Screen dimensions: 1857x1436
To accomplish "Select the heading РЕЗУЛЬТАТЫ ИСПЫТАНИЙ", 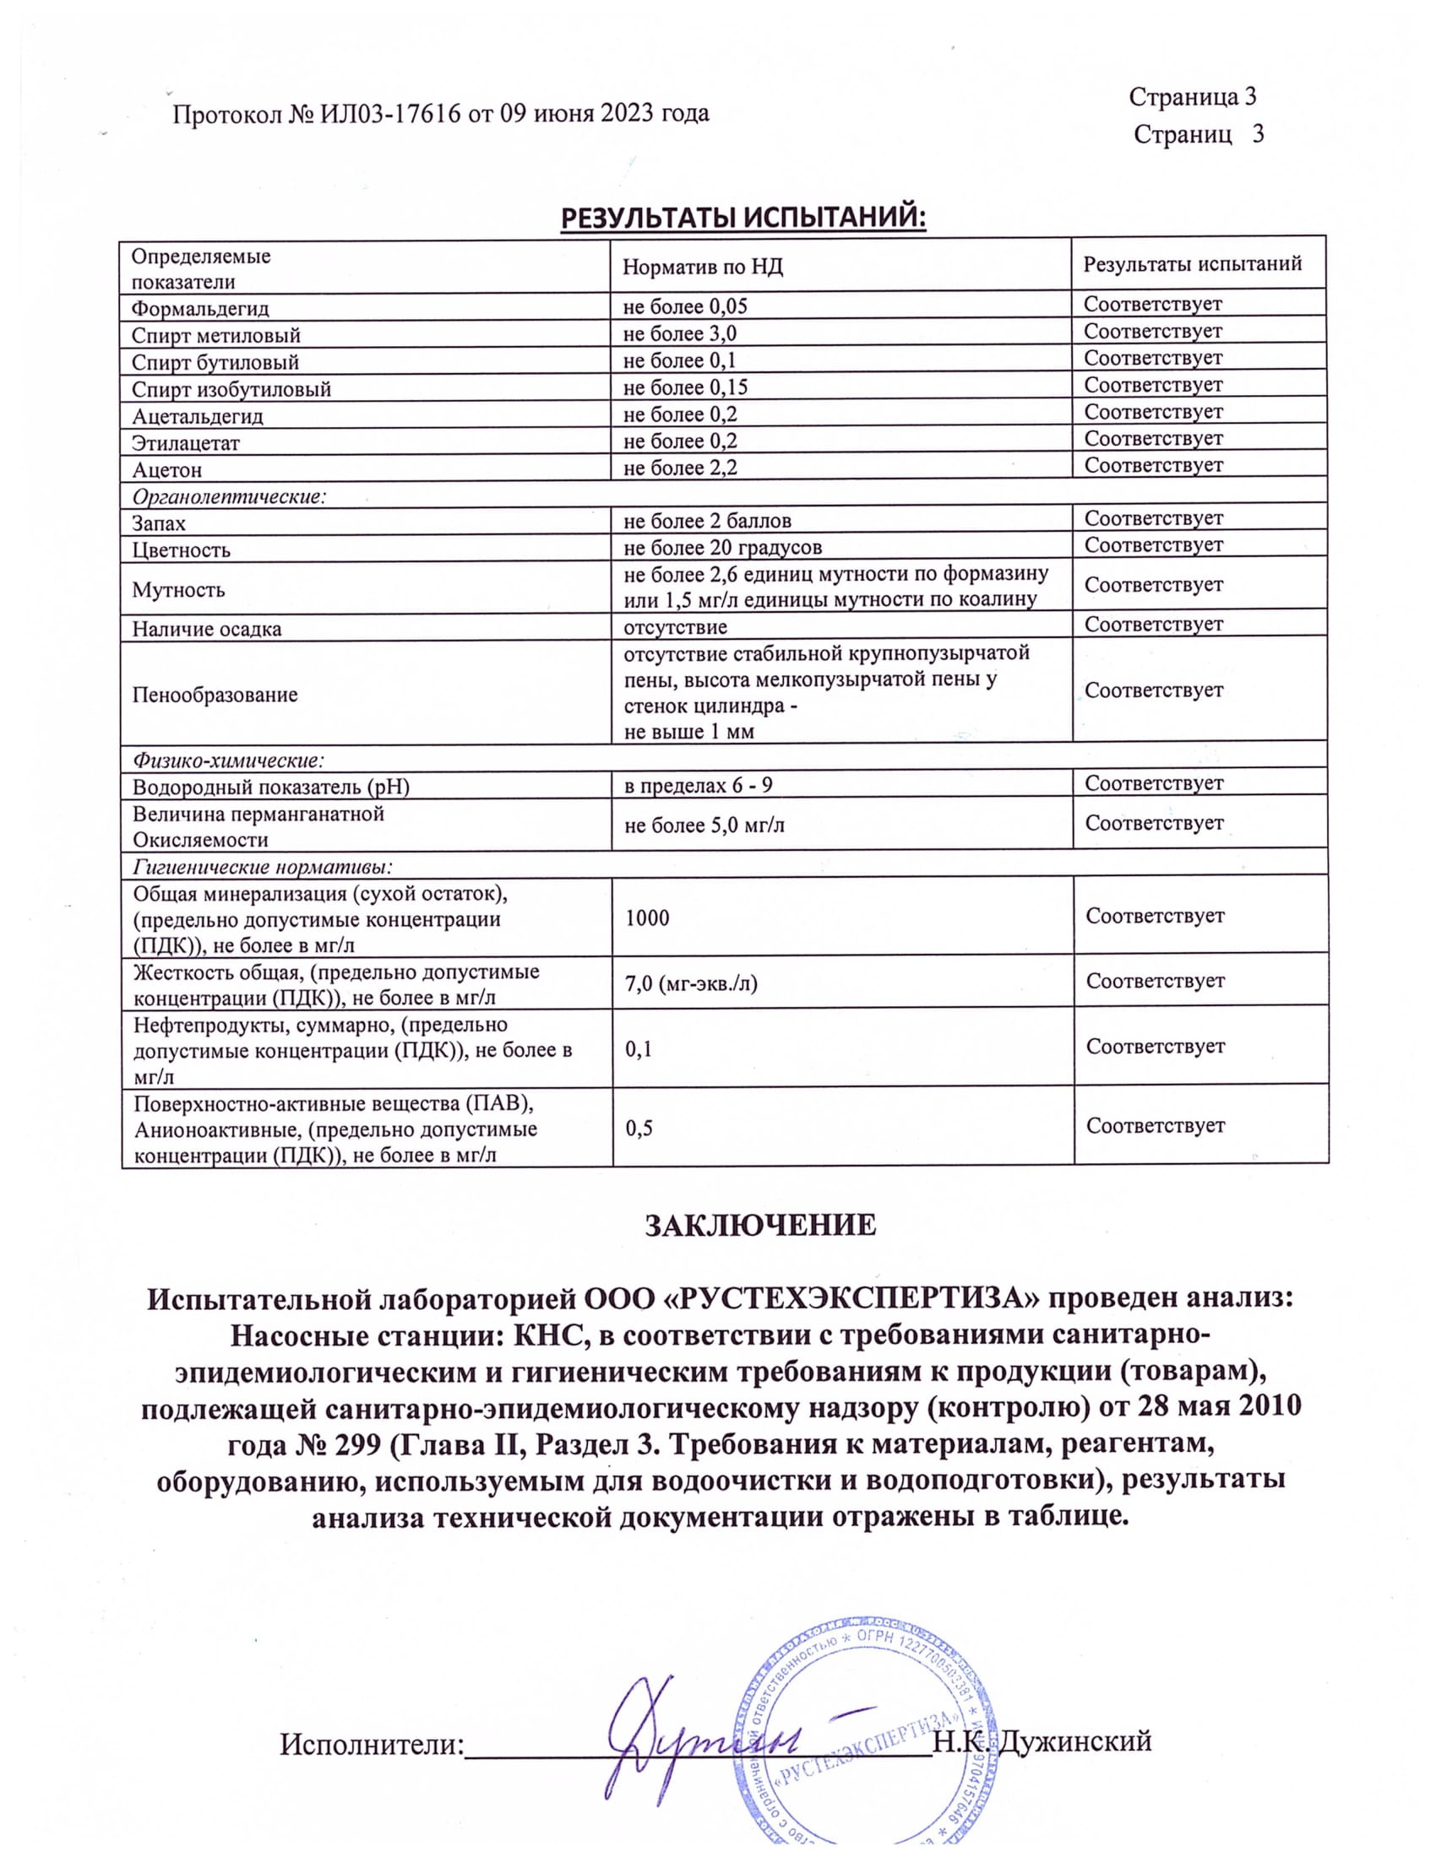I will point(742,218).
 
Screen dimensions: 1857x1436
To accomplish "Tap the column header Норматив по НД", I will point(702,267).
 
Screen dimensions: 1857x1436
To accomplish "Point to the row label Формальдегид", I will point(200,308).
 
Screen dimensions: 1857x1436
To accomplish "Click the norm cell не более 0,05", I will point(685,306).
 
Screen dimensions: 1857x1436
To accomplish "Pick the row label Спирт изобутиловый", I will point(231,389).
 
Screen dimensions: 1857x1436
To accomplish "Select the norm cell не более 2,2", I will point(680,468).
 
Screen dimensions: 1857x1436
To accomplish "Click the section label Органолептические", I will point(229,495).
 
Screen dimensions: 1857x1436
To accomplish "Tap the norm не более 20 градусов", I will point(722,547).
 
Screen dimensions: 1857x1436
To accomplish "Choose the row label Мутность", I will point(177,589).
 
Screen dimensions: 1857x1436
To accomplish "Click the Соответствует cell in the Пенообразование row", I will point(1154,690).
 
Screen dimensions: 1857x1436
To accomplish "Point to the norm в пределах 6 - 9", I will point(698,785).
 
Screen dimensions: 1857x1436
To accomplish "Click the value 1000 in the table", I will point(647,918).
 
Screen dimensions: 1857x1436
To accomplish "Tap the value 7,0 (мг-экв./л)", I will point(691,983).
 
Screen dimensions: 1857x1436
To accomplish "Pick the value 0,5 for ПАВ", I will point(639,1129).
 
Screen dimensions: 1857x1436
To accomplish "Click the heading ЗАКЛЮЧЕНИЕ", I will point(759,1226).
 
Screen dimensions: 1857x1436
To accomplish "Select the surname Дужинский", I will point(1074,1741).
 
